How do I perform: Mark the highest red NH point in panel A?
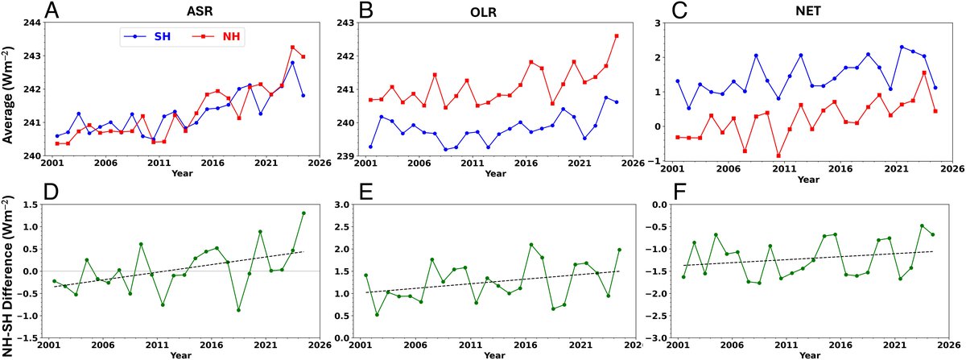tap(292, 48)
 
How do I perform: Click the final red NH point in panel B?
tap(616, 35)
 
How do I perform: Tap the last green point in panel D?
tap(303, 213)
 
